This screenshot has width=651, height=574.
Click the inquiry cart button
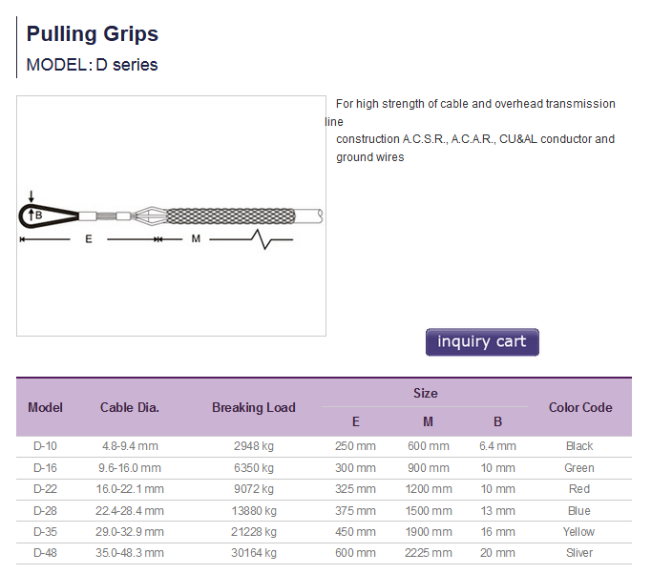click(x=482, y=341)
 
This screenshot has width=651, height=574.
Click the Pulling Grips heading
click(x=93, y=34)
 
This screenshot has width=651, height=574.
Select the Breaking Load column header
click(x=254, y=407)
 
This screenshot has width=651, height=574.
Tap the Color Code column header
click(x=580, y=407)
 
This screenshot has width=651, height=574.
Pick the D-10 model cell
click(x=45, y=446)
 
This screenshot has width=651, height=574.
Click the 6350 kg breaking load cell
click(x=254, y=468)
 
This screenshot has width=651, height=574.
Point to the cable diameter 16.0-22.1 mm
click(x=130, y=489)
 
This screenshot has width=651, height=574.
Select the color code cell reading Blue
click(x=579, y=510)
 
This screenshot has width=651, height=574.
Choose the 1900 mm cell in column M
click(x=429, y=532)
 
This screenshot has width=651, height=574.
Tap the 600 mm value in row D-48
click(x=355, y=553)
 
